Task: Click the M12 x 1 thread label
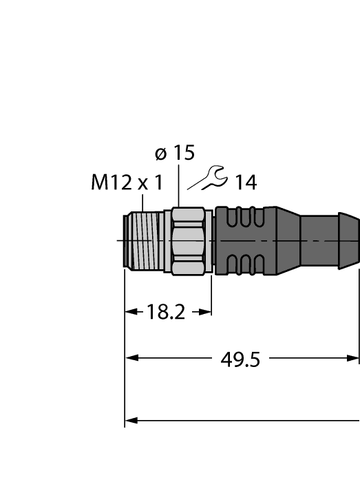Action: coord(127,182)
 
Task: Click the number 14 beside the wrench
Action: coord(245,182)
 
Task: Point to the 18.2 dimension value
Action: coord(166,312)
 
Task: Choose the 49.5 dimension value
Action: coord(241,359)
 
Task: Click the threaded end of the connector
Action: coord(141,241)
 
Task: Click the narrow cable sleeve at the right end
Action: coord(330,240)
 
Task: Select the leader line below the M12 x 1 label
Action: coord(142,202)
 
